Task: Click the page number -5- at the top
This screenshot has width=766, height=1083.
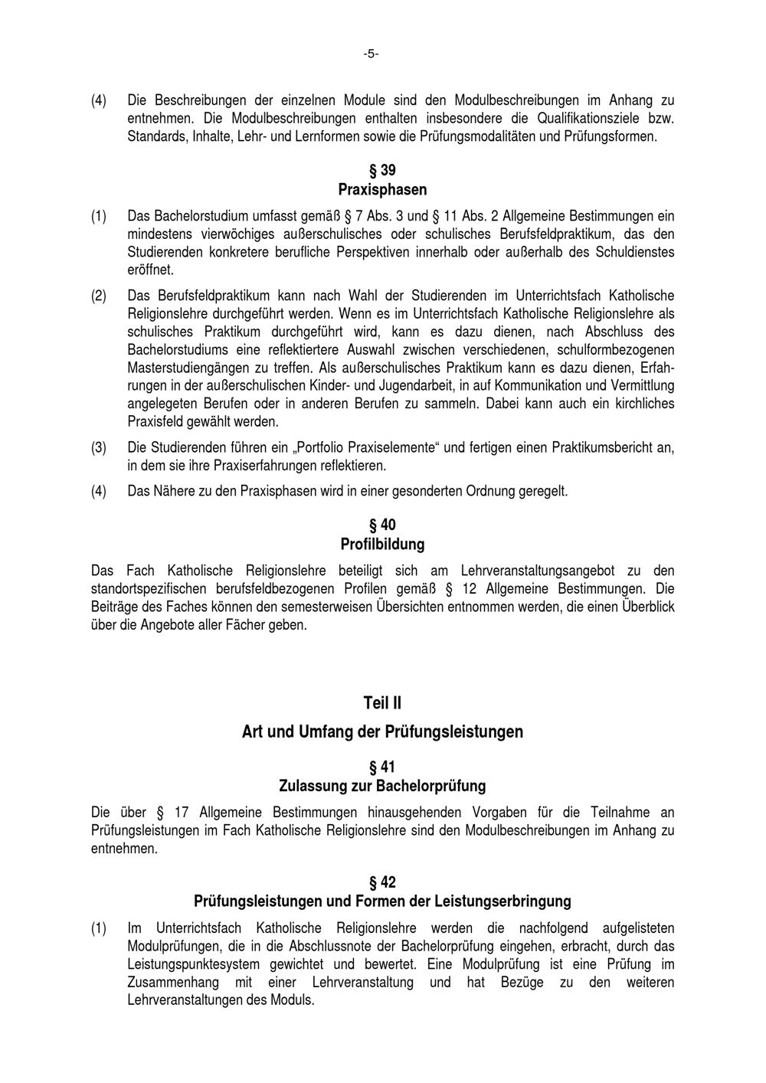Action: point(372,54)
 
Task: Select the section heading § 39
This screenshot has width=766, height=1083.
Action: point(382,170)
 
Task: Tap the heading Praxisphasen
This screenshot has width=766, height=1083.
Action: point(382,189)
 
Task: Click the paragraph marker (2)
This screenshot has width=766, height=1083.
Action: point(99,295)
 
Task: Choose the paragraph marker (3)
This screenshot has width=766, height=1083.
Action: point(99,447)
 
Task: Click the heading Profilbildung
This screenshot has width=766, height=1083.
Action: point(382,545)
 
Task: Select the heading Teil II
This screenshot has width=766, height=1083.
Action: point(382,702)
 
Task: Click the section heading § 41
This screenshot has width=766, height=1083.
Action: point(382,767)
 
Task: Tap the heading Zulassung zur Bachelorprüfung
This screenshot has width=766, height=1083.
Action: point(382,786)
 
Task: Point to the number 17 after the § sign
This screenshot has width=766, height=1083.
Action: point(182,812)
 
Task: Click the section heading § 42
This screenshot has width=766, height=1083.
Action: point(382,882)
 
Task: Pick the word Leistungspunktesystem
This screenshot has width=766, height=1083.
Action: point(194,964)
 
